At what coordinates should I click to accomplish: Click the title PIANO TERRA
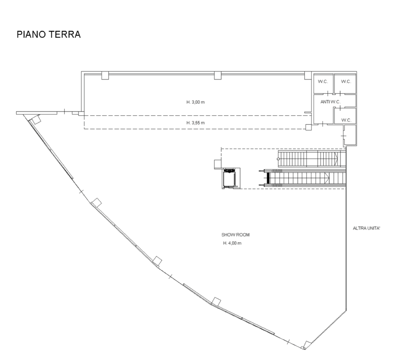[x=49, y=34]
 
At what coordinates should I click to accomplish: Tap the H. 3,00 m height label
[x=196, y=102]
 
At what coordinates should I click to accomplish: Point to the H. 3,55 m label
[x=196, y=123]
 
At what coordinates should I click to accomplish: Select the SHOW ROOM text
[x=235, y=235]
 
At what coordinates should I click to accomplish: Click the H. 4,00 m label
[x=232, y=243]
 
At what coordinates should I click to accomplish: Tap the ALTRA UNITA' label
[x=366, y=228]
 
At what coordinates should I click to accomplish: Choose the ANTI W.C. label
[x=330, y=102]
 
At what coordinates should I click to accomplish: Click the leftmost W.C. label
[x=323, y=82]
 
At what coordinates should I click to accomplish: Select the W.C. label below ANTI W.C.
[x=346, y=120]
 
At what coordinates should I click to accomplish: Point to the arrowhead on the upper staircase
[x=336, y=159]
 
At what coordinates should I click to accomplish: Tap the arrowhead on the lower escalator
[x=327, y=178]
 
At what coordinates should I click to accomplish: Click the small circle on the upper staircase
[x=278, y=159]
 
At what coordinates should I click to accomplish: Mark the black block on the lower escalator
[x=268, y=178]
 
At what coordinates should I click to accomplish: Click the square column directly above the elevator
[x=218, y=164]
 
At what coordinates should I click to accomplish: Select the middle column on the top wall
[x=218, y=75]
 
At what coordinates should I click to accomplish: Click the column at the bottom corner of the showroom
[x=307, y=345]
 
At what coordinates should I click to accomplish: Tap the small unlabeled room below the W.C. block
[x=350, y=135]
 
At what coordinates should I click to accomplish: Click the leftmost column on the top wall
[x=105, y=75]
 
